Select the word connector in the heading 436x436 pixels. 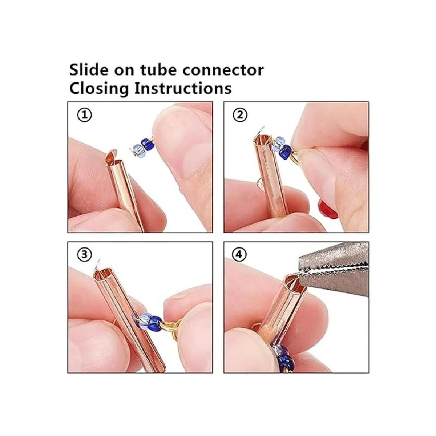pyautogui.click(x=223, y=70)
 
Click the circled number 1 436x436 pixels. pyautogui.click(x=84, y=116)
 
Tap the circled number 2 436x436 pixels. pyautogui.click(x=240, y=115)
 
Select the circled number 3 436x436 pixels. pyautogui.click(x=84, y=255)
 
